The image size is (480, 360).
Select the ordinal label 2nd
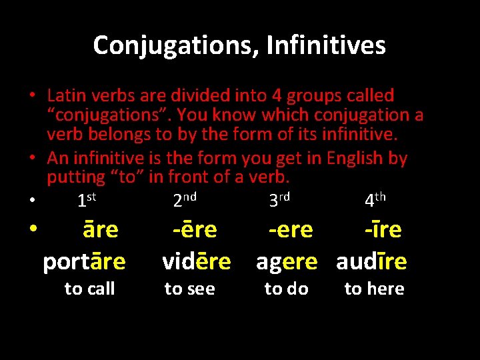click(185, 199)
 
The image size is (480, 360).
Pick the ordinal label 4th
click(375, 199)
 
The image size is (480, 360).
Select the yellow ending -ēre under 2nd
click(195, 230)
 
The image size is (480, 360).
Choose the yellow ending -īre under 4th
click(383, 230)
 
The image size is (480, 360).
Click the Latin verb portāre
click(84, 262)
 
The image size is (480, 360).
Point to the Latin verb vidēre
click(197, 262)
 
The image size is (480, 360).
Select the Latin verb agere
click(287, 262)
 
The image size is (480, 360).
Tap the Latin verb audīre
click(371, 262)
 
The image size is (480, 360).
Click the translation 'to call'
click(89, 289)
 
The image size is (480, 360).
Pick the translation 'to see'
click(189, 289)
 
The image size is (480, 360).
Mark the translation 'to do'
click(286, 289)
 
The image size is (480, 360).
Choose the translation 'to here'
click(374, 289)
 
